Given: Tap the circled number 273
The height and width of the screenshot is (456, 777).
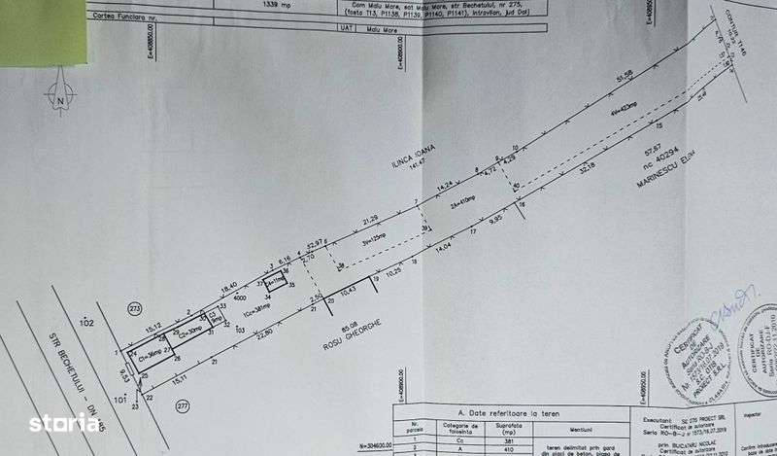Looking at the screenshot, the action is [x=134, y=309].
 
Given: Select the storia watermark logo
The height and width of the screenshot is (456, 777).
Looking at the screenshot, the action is [x=64, y=423].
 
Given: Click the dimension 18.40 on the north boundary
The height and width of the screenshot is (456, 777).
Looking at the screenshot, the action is [x=229, y=287].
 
